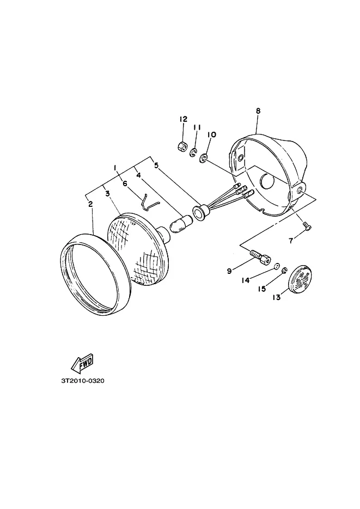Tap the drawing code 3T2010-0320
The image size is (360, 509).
(x=82, y=381)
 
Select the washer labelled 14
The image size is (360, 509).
(x=276, y=266)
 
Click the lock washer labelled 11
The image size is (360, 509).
(x=194, y=153)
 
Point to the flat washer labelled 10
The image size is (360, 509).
(x=204, y=158)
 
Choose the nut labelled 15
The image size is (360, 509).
(x=285, y=270)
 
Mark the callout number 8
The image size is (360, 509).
(x=258, y=111)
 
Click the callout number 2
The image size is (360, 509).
(x=90, y=204)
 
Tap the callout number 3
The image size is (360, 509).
(x=107, y=194)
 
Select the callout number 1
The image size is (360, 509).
(x=115, y=168)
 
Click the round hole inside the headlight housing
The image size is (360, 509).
(x=267, y=181)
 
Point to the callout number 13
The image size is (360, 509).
(x=276, y=297)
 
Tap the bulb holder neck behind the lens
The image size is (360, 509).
(x=163, y=235)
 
